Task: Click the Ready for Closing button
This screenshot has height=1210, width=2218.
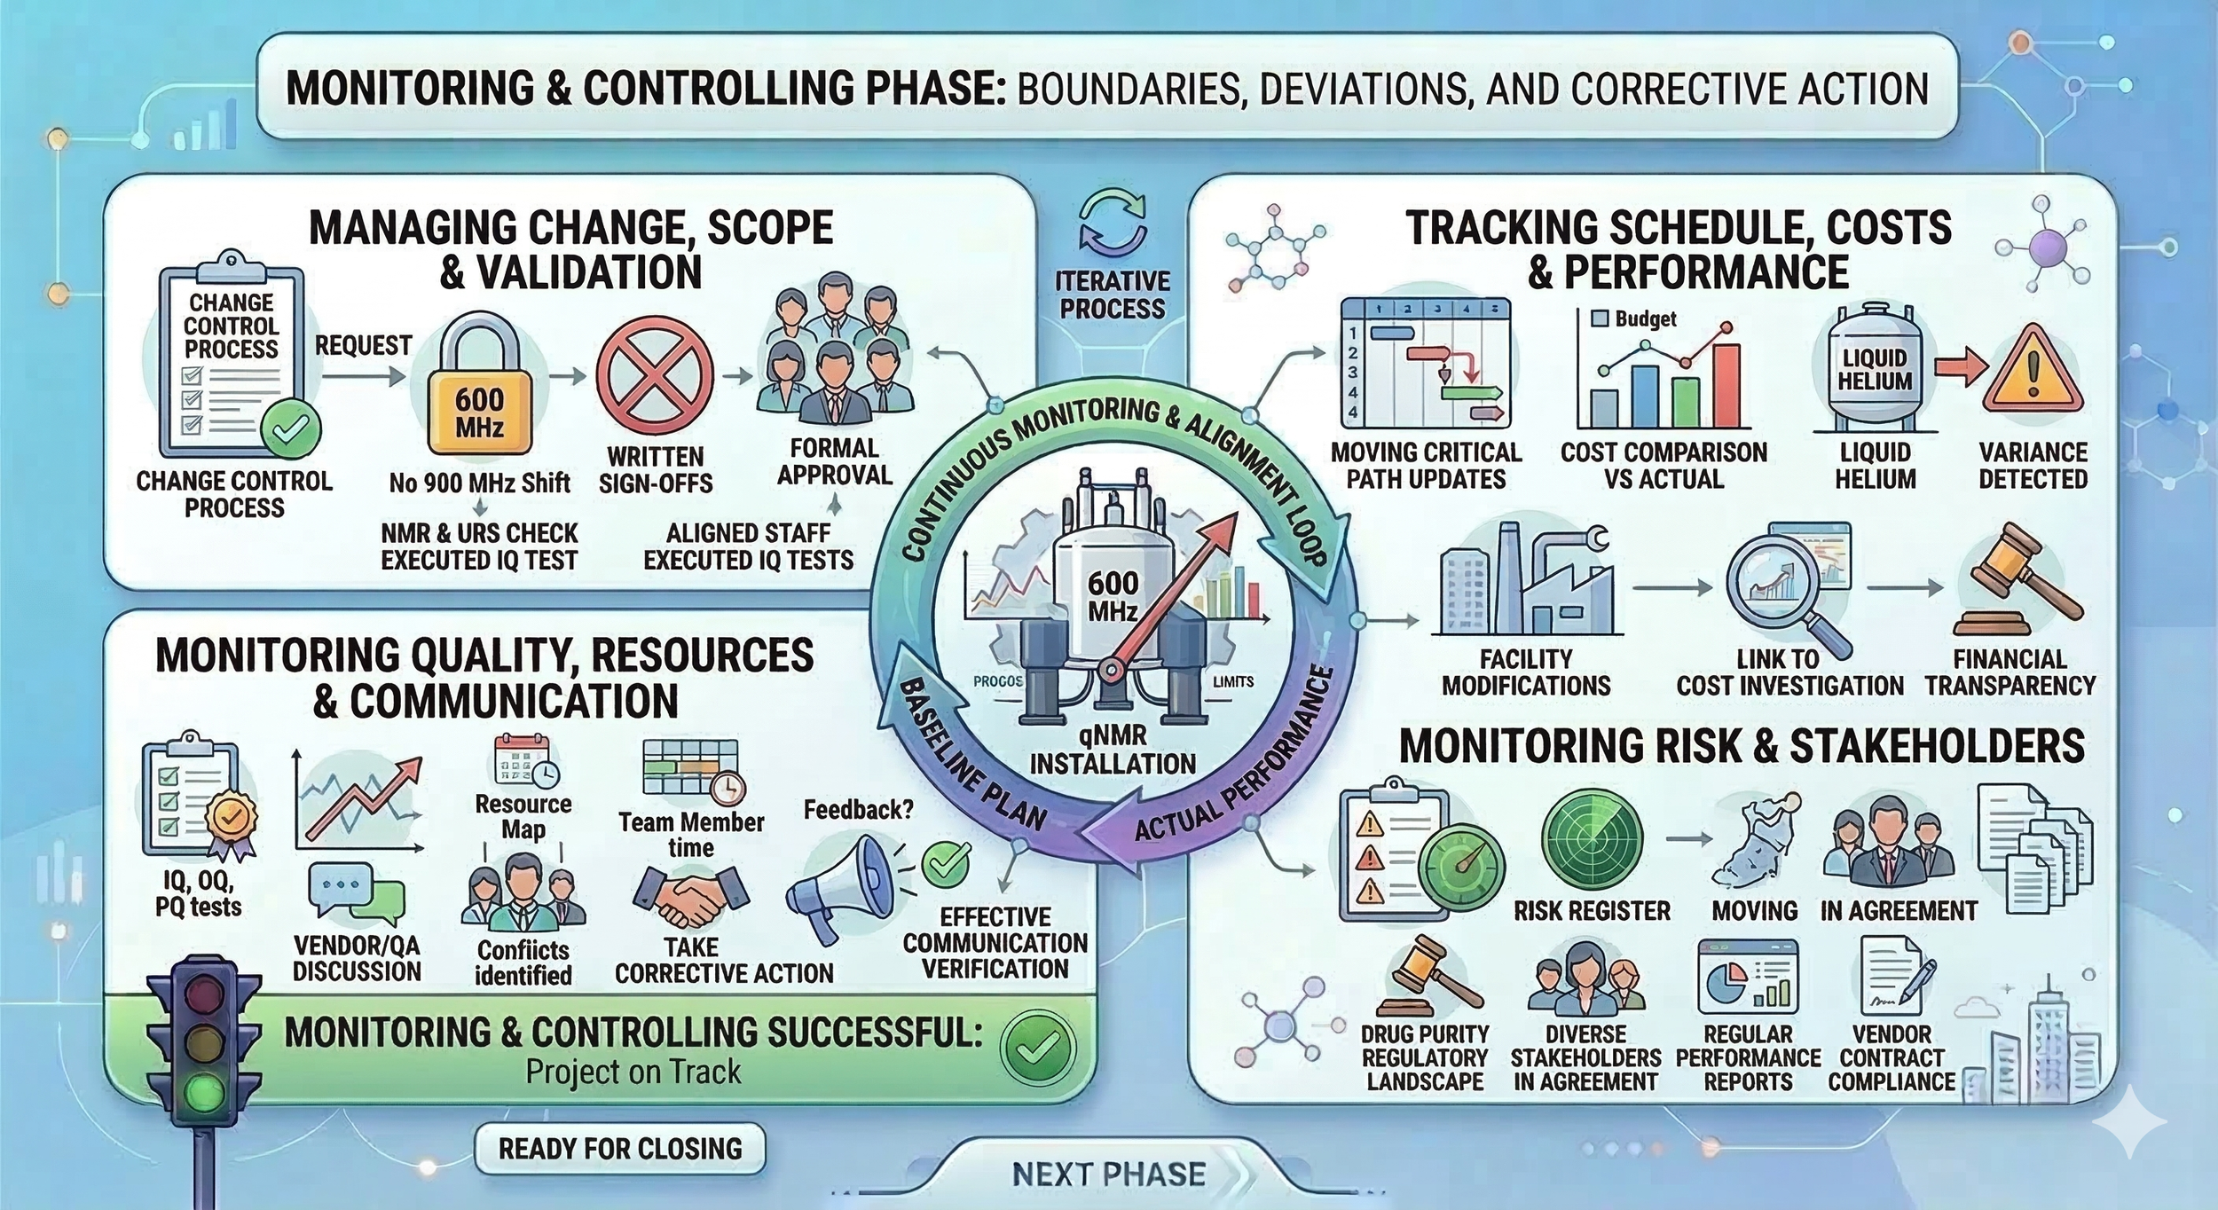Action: click(x=620, y=1149)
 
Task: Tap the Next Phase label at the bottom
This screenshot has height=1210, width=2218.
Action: click(x=1109, y=1175)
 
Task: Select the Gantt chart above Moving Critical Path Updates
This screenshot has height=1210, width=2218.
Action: click(x=1426, y=364)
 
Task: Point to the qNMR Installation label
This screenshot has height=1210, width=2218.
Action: click(x=1113, y=750)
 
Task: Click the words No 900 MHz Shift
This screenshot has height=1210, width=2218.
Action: click(x=479, y=483)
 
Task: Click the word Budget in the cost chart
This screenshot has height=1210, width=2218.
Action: click(x=1646, y=318)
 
